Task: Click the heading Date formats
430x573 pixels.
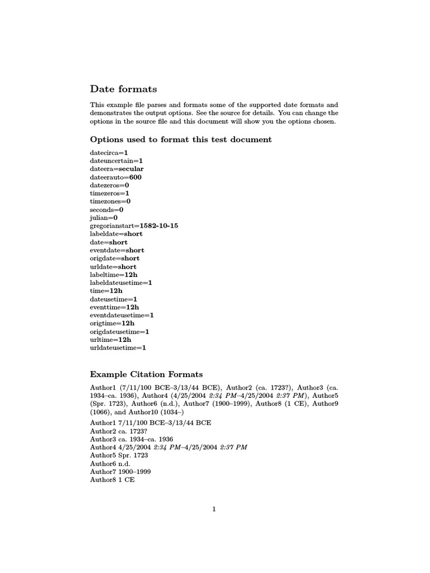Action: tap(123, 89)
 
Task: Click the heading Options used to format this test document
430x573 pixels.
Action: tap(181, 139)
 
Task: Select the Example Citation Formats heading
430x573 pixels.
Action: tap(146, 374)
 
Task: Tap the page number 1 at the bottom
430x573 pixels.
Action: tap(214, 509)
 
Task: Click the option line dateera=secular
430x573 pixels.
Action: tap(117, 168)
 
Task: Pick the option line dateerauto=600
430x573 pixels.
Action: tap(116, 177)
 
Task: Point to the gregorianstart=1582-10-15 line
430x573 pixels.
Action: tap(134, 226)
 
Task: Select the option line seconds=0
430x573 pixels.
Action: tap(106, 209)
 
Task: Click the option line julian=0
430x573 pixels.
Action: tap(104, 217)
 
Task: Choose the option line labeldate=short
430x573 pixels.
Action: tap(116, 234)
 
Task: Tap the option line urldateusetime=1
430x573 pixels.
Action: tap(118, 347)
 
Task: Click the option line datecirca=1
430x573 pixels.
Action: tap(109, 152)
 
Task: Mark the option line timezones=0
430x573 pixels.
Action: tap(110, 201)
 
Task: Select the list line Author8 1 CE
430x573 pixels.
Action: tap(113, 480)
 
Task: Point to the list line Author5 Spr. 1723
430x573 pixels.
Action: tap(119, 455)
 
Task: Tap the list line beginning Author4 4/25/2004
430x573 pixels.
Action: tap(169, 448)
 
